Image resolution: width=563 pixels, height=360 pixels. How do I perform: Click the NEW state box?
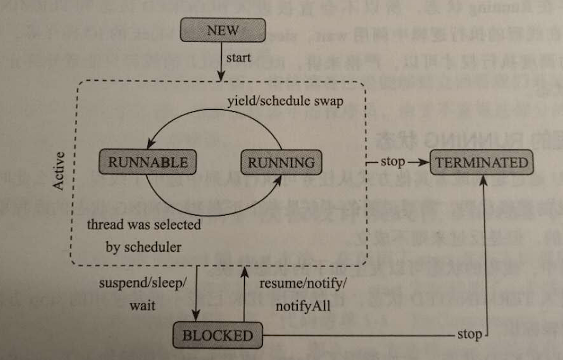[x=222, y=31]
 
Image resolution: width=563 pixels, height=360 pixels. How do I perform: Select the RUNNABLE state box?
[x=147, y=162]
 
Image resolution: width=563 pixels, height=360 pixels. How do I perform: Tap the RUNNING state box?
[x=281, y=162]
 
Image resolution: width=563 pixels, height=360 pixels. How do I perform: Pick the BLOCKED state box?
[x=217, y=335]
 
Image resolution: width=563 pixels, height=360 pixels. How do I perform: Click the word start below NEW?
[x=237, y=58]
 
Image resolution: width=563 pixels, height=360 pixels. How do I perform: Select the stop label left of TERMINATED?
[x=393, y=162]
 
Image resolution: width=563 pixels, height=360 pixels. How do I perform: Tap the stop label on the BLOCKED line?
[x=469, y=334]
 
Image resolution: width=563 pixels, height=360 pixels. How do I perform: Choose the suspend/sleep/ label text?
[x=143, y=283]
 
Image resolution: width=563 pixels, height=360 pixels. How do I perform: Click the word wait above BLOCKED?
[x=142, y=306]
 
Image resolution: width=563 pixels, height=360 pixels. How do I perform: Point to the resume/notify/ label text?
[x=304, y=283]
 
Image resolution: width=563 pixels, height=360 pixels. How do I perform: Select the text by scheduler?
[x=142, y=247]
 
